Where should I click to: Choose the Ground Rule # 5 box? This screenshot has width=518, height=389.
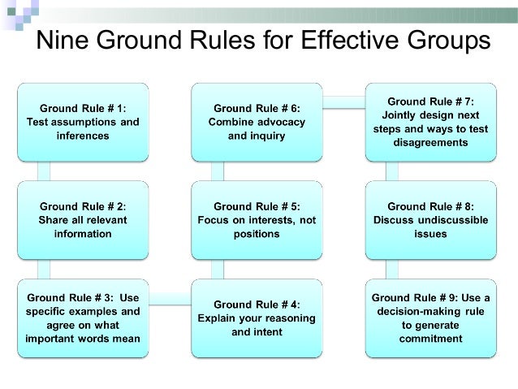click(x=256, y=220)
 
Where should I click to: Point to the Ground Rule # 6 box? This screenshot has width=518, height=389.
click(x=256, y=121)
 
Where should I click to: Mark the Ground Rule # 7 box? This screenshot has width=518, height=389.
click(x=430, y=121)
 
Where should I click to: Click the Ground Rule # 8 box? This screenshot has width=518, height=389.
click(x=430, y=220)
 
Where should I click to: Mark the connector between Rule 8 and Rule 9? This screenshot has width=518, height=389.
click(x=398, y=270)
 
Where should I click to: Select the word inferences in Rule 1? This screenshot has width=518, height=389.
click(x=82, y=136)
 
